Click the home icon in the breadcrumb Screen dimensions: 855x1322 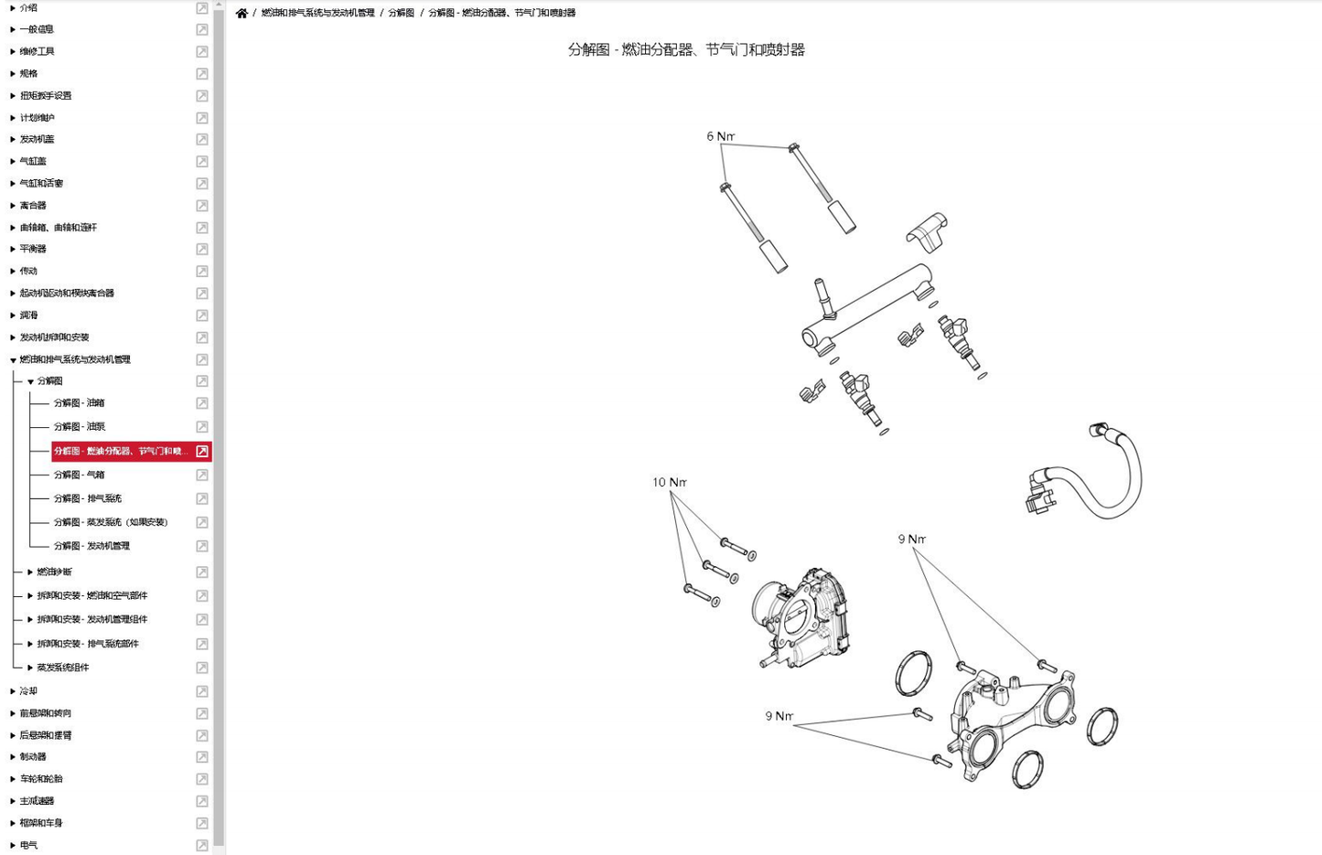[242, 13]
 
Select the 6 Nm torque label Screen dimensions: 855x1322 [720, 136]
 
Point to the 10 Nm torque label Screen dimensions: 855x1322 [669, 482]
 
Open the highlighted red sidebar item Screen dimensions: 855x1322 [121, 451]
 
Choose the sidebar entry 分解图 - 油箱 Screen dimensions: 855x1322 [79, 403]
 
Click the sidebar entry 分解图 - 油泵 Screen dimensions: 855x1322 [79, 427]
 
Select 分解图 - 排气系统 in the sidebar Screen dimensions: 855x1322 [87, 498]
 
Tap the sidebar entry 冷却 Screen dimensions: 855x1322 [28, 691]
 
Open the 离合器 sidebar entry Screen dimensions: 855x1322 [33, 206]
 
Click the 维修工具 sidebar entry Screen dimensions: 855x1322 [37, 52]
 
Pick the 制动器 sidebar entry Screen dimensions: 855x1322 [33, 757]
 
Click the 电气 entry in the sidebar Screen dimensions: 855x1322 [28, 846]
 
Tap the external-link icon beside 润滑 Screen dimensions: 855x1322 [202, 315]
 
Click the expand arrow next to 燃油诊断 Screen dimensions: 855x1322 [30, 572]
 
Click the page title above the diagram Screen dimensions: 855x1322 [686, 49]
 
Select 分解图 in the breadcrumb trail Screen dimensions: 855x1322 [401, 13]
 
